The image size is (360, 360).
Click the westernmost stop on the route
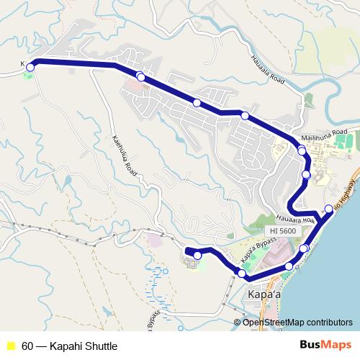[30, 66]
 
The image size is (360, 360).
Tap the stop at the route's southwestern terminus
[197, 256]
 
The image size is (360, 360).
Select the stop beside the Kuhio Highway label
[329, 209]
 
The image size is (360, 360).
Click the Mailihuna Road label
[325, 132]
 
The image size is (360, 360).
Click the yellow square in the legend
[11, 346]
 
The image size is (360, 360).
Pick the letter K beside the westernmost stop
[23, 64]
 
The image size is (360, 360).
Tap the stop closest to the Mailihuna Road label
[301, 150]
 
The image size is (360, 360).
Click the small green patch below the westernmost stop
[29, 76]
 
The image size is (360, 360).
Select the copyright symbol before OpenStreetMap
[238, 322]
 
